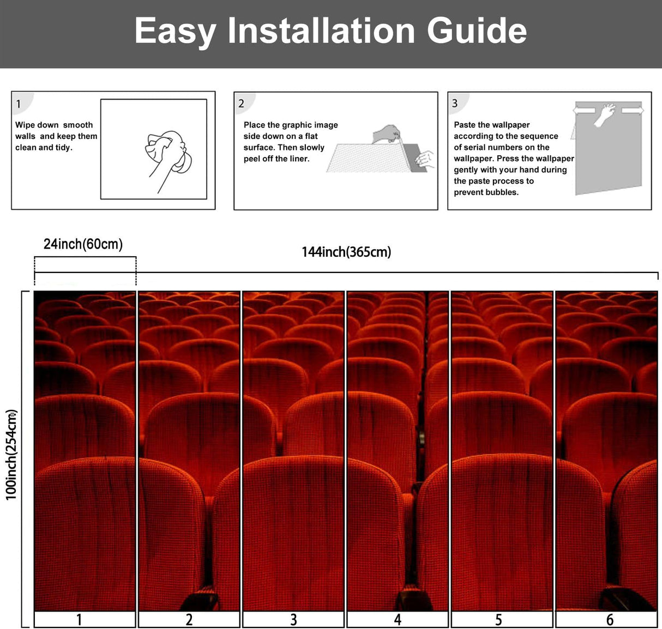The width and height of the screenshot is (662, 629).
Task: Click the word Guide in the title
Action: click(x=477, y=31)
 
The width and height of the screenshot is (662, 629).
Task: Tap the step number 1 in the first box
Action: click(x=19, y=104)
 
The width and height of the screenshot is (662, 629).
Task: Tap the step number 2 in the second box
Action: click(x=241, y=104)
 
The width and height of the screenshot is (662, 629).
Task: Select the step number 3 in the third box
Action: click(x=455, y=104)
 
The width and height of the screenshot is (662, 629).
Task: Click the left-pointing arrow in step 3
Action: click(x=584, y=111)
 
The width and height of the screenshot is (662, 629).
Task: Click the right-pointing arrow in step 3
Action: click(x=633, y=111)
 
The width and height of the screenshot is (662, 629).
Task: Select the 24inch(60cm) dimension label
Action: click(x=83, y=244)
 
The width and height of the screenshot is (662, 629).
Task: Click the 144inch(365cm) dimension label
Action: click(x=346, y=252)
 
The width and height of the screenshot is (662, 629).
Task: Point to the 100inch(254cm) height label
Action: click(x=11, y=455)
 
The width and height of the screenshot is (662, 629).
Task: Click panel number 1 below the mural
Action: click(x=79, y=620)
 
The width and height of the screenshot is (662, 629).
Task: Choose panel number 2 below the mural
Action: click(x=189, y=620)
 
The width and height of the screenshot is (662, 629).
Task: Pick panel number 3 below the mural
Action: click(x=293, y=620)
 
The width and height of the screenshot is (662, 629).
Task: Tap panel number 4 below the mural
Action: click(x=398, y=620)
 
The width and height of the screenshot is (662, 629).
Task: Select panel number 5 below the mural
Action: click(x=498, y=620)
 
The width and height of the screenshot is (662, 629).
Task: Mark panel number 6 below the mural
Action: click(x=610, y=620)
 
